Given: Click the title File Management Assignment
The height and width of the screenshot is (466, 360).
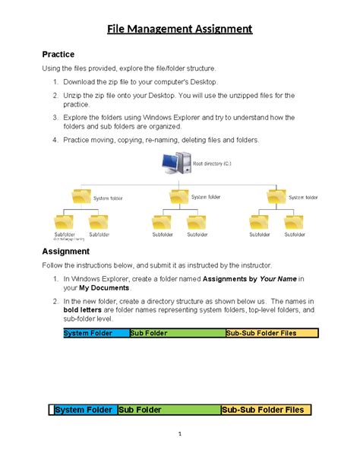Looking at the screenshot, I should pyautogui.click(x=179, y=30).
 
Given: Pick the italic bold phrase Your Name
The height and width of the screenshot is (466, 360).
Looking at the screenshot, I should pyautogui.click(x=261, y=280).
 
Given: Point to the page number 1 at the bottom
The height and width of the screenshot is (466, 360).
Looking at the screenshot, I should pyautogui.click(x=179, y=434).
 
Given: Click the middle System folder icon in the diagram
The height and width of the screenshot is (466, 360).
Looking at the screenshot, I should pyautogui.click(x=178, y=198).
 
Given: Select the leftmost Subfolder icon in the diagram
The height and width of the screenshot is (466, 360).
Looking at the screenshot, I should pyautogui.click(x=65, y=223).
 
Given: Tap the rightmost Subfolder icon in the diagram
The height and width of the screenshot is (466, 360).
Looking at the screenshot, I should pyautogui.click(x=294, y=223).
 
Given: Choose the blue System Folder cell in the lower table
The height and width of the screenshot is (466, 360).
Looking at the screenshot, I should pyautogui.click(x=84, y=410).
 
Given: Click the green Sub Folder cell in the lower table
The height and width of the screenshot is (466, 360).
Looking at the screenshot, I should pyautogui.click(x=168, y=410).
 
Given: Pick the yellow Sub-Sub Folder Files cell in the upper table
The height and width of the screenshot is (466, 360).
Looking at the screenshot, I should pyautogui.click(x=271, y=333).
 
